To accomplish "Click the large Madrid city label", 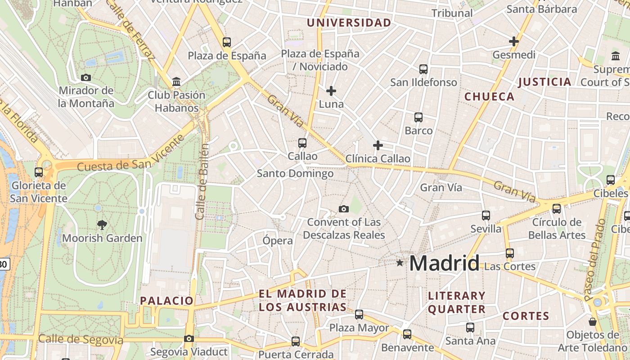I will (x=444, y=263).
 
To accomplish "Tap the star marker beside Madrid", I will (x=400, y=262).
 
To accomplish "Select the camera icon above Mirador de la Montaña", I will (x=86, y=77).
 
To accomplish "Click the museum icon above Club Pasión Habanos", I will (x=176, y=82).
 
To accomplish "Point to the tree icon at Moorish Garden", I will (x=102, y=225).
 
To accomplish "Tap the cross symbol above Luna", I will (x=331, y=91).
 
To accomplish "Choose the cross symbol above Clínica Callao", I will (x=378, y=145).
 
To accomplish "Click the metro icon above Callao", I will (x=302, y=143).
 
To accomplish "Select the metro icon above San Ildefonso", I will (x=423, y=69).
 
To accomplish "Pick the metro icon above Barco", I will (x=418, y=117).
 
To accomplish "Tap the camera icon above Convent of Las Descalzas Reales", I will (x=344, y=209).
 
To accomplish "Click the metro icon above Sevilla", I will (x=486, y=216).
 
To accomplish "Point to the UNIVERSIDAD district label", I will (x=349, y=22).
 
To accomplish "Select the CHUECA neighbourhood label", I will (x=489, y=97).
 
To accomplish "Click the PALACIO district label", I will (x=166, y=301).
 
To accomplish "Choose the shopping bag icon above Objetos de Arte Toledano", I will (x=593, y=322).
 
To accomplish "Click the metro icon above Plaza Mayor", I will (x=359, y=315).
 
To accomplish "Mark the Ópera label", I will (x=278, y=241).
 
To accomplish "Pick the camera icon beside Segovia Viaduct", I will (x=189, y=338).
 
